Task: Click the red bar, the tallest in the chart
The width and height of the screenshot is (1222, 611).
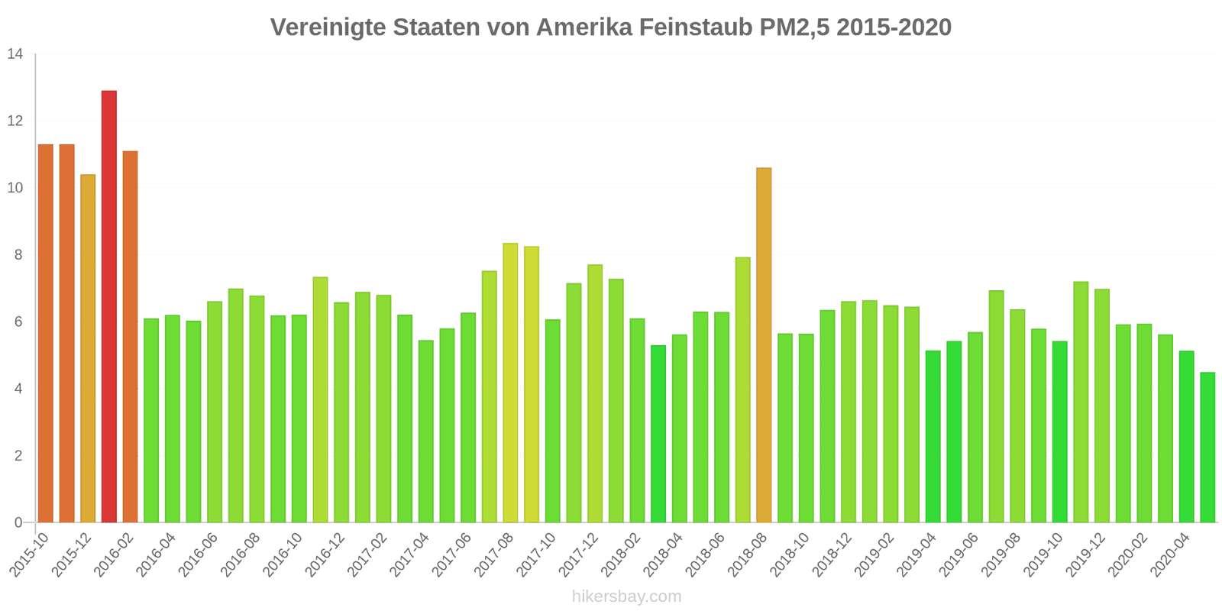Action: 109,305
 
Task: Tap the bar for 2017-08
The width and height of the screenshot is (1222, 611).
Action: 510,383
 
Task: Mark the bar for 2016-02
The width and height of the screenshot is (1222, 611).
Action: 130,336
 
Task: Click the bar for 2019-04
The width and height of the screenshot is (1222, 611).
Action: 933,436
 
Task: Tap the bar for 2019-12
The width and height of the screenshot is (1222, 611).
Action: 1101,406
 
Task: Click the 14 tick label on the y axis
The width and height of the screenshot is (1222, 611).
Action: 15,54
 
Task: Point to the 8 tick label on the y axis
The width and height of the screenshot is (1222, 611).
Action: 18,255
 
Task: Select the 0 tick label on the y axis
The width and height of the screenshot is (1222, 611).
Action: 18,523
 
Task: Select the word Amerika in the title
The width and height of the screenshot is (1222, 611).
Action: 584,27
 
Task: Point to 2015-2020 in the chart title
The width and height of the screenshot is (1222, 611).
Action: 894,27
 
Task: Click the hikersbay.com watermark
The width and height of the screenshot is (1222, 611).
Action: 626,596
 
